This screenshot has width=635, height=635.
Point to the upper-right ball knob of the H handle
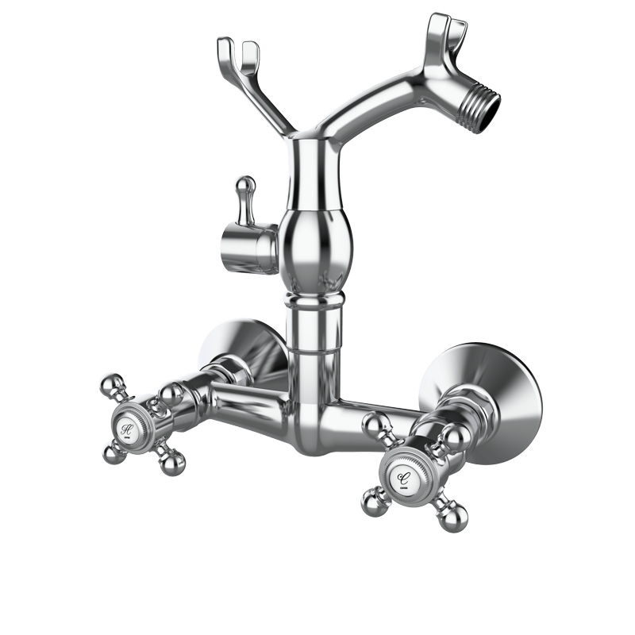click(x=168, y=394)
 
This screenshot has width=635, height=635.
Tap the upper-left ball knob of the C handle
click(x=374, y=425)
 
